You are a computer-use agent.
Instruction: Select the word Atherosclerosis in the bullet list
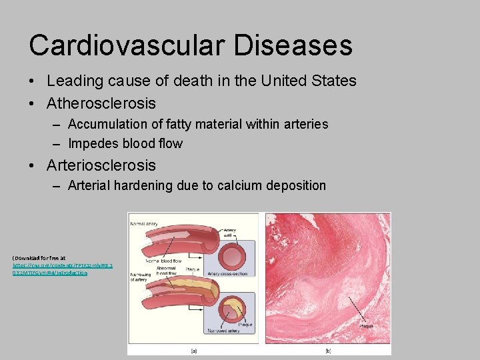click(101, 103)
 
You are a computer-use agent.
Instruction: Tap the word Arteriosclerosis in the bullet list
click(101, 165)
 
